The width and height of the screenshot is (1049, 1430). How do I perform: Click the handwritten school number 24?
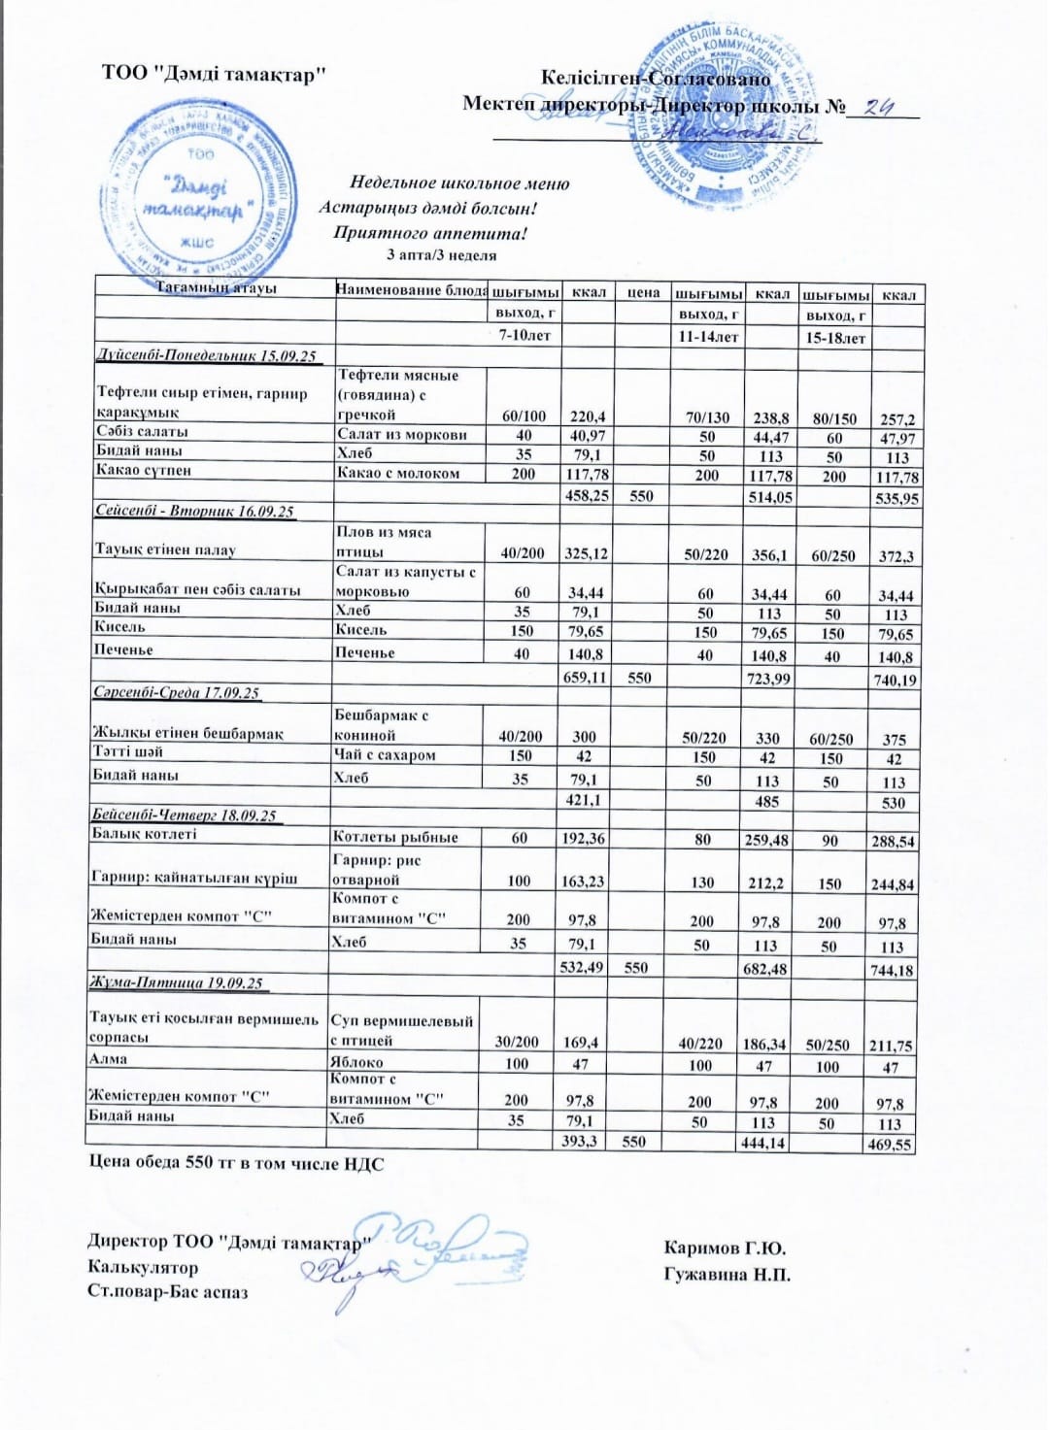click(878, 107)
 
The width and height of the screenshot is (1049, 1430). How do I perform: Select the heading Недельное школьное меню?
click(459, 183)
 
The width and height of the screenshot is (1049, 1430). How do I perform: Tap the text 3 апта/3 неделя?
click(441, 255)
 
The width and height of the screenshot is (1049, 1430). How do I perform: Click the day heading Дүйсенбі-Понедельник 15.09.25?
click(207, 356)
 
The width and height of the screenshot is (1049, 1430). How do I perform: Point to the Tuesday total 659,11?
click(586, 678)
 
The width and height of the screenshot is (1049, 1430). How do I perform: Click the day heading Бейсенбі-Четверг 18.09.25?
click(184, 815)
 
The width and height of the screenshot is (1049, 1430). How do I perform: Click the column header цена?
click(643, 291)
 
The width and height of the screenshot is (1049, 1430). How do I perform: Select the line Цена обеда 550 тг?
click(235, 1163)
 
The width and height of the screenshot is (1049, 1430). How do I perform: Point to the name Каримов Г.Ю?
click(725, 1248)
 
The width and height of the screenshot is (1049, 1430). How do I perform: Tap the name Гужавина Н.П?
click(727, 1274)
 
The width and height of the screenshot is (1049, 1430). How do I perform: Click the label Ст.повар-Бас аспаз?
click(167, 1292)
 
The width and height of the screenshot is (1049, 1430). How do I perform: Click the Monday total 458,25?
click(587, 495)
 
